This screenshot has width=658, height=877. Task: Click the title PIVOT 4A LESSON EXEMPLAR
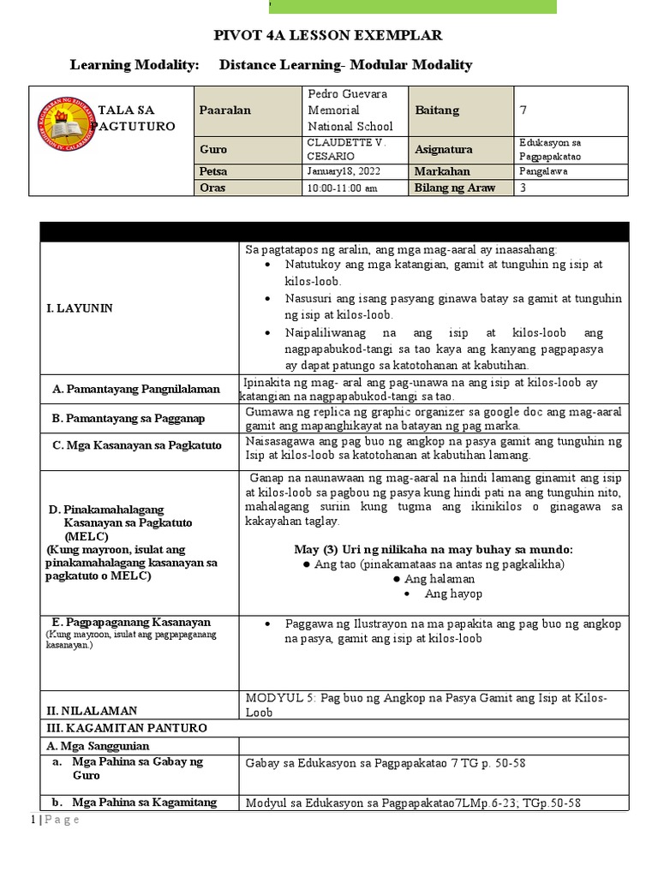[x=328, y=36]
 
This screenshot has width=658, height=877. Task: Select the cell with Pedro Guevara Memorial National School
[x=346, y=110]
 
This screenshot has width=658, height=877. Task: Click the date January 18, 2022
[x=341, y=171]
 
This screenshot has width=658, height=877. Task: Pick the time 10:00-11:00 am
[x=341, y=188]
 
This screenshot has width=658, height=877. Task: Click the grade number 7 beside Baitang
[x=523, y=110]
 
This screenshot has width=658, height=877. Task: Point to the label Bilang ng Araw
[x=455, y=188]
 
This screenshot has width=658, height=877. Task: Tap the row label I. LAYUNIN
[x=82, y=307]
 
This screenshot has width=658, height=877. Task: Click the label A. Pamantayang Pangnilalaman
[x=135, y=389]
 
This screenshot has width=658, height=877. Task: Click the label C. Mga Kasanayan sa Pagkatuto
[x=137, y=445]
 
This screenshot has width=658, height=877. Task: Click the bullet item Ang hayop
[x=453, y=594]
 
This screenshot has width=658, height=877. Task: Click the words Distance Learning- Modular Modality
[x=345, y=65]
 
